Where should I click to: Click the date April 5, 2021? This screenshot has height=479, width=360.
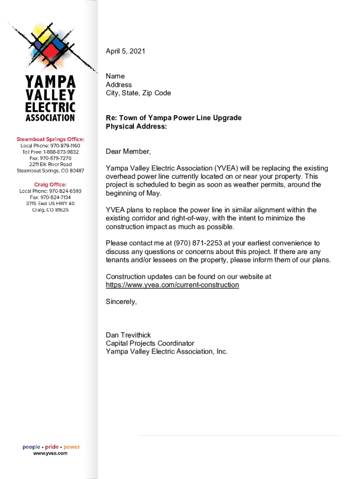coord(125,51)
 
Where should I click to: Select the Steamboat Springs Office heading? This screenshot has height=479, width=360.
coord(51,139)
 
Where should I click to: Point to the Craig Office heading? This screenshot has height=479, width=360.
coord(50,184)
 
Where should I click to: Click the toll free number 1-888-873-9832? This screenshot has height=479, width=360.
coord(50,152)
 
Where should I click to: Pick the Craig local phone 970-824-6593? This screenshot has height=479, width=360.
coord(50,191)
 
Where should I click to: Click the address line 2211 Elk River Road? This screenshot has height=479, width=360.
coord(50,165)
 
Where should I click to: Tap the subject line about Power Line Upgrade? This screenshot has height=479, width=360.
coord(173,118)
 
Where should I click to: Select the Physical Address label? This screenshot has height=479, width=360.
coord(136,126)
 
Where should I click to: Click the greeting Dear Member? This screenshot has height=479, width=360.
coord(129,152)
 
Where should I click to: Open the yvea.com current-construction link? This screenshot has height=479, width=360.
coord(173,285)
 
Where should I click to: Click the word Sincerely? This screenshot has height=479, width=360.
coord(121,302)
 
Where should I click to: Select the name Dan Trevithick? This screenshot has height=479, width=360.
coord(128,335)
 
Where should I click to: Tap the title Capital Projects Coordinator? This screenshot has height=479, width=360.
coord(150,343)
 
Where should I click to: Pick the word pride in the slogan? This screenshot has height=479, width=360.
coord(52,447)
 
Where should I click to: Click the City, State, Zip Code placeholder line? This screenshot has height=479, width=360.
coord(138,93)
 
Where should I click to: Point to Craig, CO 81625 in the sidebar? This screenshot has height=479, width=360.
coord(50,210)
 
